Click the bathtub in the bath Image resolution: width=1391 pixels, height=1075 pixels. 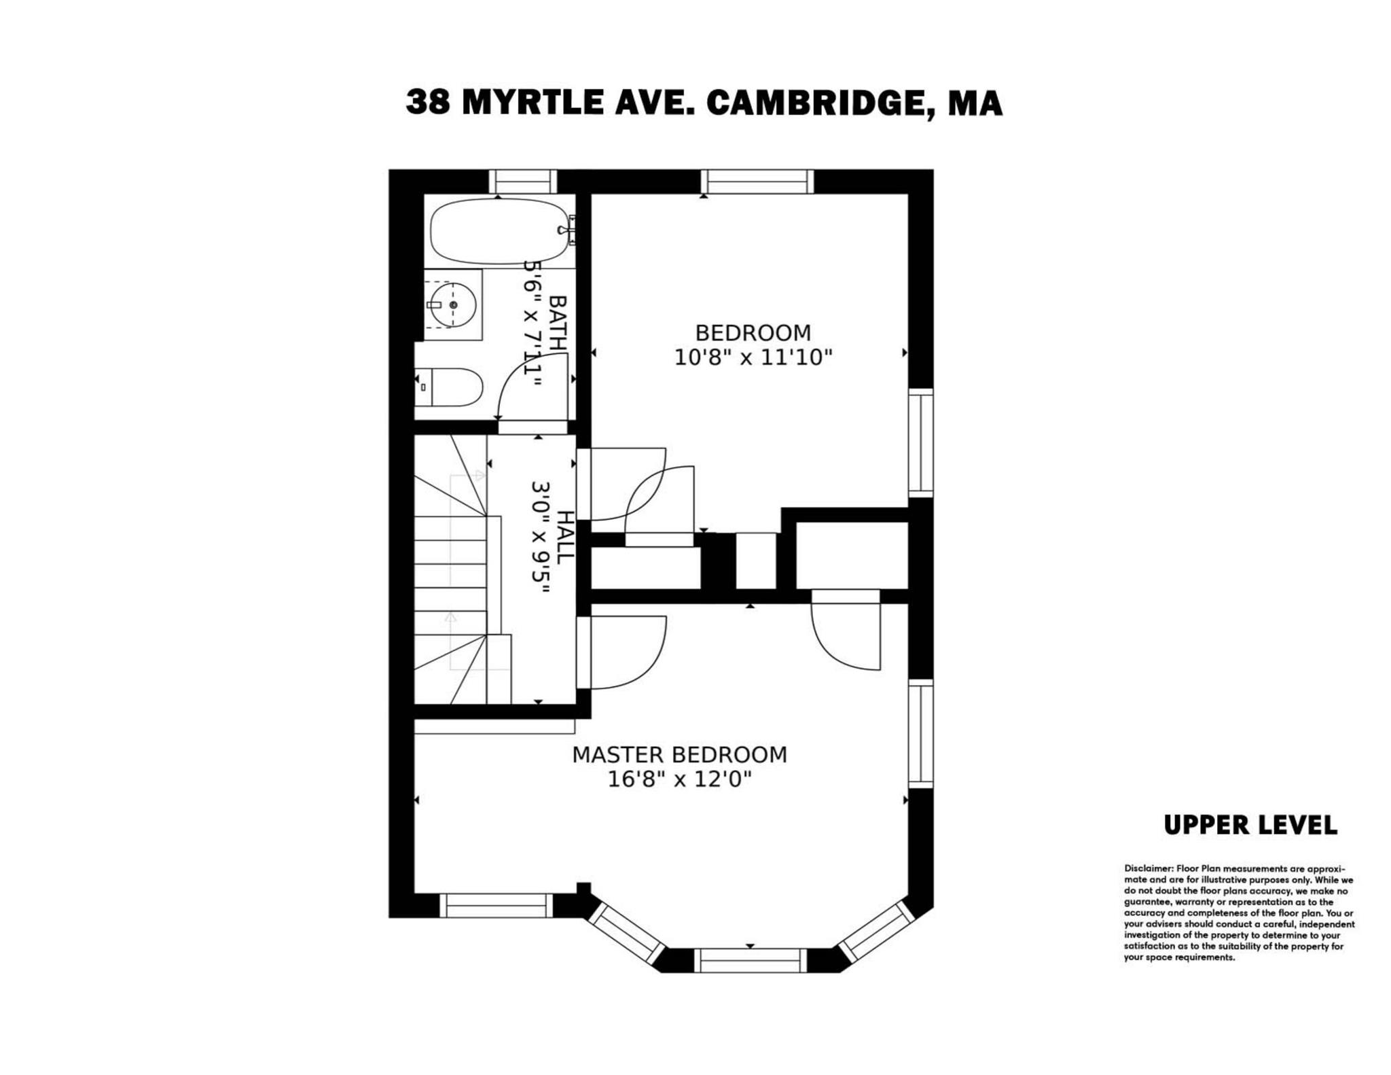tap(499, 231)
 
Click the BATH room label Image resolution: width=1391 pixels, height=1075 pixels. tap(557, 323)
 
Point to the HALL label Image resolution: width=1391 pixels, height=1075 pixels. tap(564, 537)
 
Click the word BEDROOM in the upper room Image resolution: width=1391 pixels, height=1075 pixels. tap(753, 333)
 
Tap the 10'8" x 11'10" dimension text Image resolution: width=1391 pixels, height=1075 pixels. tap(753, 357)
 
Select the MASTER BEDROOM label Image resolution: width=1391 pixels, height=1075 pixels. tap(679, 755)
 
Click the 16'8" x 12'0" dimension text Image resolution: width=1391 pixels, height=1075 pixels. tap(679, 779)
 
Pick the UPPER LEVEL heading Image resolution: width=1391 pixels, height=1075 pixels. tap(1250, 826)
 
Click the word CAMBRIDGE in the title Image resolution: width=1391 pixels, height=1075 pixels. tap(812, 103)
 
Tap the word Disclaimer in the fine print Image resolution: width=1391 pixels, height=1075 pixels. tap(1148, 868)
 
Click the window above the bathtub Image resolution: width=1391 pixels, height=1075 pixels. tap(522, 181)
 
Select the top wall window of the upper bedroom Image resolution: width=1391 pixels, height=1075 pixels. tap(757, 181)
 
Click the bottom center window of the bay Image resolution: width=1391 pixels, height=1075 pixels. tap(750, 960)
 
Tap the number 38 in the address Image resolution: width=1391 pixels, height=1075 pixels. tap(427, 103)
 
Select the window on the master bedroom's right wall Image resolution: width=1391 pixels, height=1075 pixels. tap(921, 734)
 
